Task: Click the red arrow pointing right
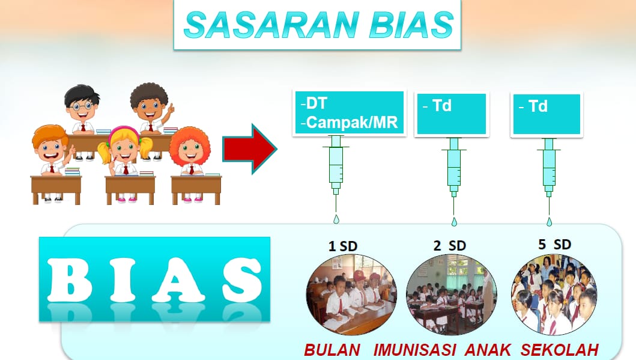click(x=250, y=149)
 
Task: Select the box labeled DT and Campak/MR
click(x=350, y=112)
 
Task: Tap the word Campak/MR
click(x=352, y=122)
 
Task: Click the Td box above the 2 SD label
click(x=452, y=114)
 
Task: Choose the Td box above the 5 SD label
click(x=547, y=114)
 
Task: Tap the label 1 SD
click(x=343, y=246)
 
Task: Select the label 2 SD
click(x=449, y=246)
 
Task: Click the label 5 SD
click(x=554, y=245)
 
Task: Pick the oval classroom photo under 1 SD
click(x=351, y=294)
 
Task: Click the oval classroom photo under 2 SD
click(x=452, y=294)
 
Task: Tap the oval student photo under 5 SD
click(x=554, y=294)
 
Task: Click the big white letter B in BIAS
click(x=69, y=279)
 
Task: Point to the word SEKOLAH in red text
click(x=560, y=350)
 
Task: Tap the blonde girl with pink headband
click(x=124, y=151)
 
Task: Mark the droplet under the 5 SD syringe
click(x=549, y=222)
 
